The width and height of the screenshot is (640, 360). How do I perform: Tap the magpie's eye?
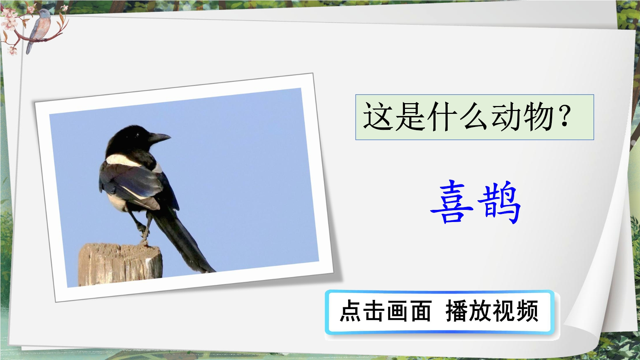[137, 135]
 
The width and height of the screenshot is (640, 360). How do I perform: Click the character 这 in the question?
[378, 116]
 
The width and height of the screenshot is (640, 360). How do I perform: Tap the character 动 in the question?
[506, 116]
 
